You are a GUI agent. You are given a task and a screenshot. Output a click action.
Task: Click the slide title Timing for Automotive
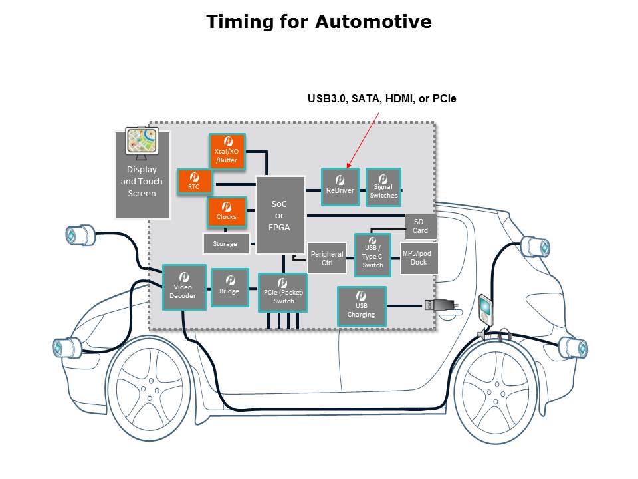(x=318, y=22)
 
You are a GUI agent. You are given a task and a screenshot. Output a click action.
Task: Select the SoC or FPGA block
(x=280, y=215)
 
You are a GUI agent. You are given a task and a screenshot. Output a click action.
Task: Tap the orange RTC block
(x=194, y=182)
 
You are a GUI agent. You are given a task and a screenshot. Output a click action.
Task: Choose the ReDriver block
(x=340, y=186)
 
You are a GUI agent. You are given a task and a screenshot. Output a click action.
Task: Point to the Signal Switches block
(x=383, y=186)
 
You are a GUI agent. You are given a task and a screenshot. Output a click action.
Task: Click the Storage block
(x=225, y=244)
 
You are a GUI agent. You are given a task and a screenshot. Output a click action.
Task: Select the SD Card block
(x=421, y=226)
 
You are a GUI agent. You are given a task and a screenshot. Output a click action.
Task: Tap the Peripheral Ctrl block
(x=327, y=258)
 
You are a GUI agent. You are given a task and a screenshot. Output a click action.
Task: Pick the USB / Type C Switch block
(x=372, y=253)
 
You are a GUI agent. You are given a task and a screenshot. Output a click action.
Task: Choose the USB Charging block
(x=362, y=306)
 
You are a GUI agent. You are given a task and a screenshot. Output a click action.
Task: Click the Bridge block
(x=229, y=287)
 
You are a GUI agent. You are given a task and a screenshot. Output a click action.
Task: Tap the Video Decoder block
(x=183, y=287)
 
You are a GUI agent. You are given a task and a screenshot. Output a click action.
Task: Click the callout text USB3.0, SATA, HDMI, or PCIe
(x=381, y=99)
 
